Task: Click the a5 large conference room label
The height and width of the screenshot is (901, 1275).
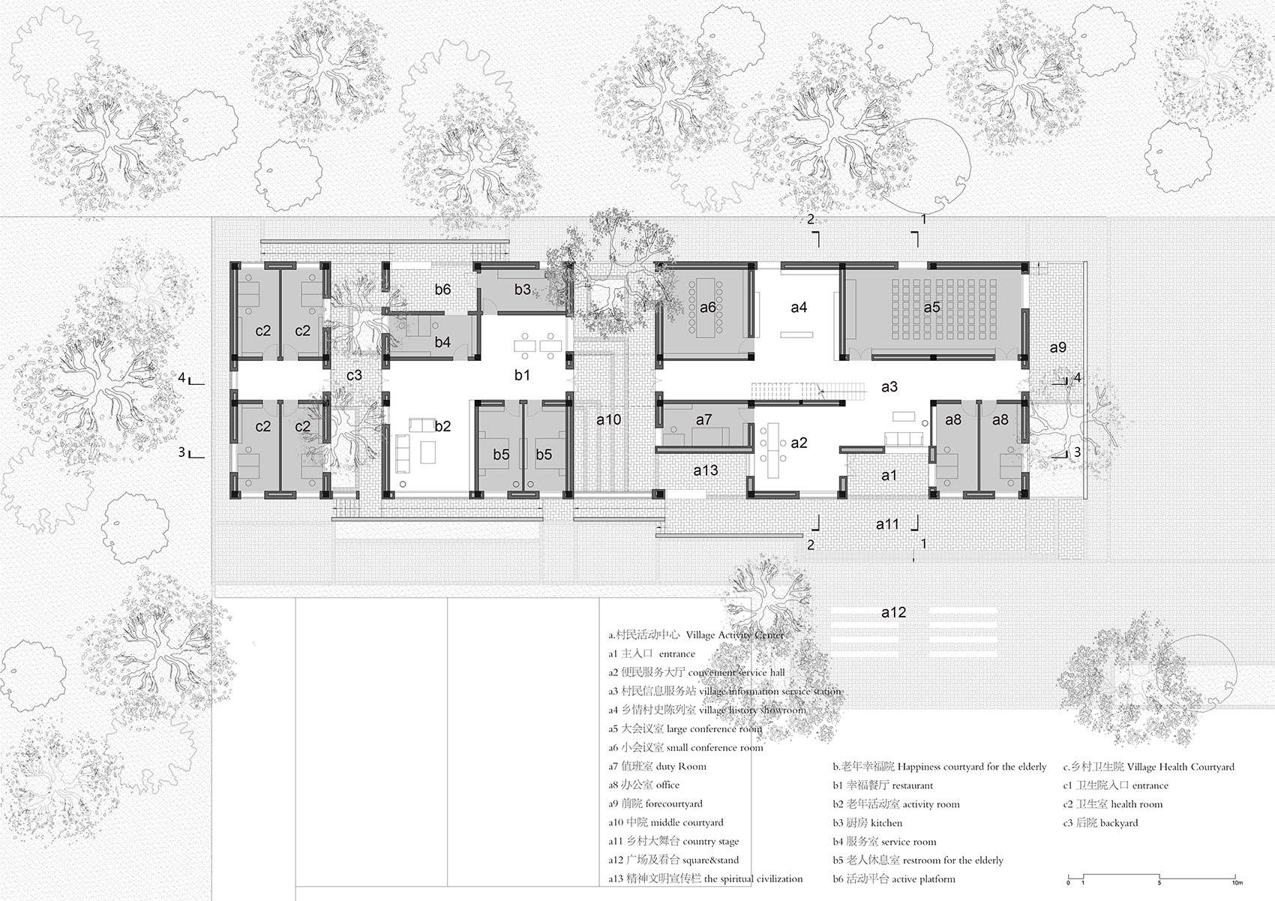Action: pos(931,308)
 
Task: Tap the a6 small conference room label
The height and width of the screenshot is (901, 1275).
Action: pos(707,308)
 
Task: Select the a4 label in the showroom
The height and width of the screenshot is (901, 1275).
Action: pos(799,308)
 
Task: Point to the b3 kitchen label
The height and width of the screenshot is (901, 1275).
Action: pos(523,290)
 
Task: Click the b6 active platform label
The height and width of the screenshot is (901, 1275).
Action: pos(442,290)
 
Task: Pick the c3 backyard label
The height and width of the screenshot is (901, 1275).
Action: pos(354,375)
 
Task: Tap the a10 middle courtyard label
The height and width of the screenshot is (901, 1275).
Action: pos(608,420)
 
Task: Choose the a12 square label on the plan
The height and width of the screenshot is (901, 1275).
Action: pos(893,612)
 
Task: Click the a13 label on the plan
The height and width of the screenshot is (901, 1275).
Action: pos(705,470)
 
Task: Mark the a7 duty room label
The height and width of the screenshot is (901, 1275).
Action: pos(703,420)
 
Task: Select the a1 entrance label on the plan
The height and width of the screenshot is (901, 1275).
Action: pos(889,475)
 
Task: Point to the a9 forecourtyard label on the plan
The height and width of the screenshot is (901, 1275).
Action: pos(1057,347)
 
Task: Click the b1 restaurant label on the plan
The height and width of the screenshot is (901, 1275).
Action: pos(522,375)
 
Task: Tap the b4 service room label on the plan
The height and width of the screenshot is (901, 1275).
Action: pos(442,341)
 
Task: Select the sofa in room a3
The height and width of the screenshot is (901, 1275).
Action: pos(903,438)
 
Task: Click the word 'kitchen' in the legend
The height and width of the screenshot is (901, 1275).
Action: pos(886,823)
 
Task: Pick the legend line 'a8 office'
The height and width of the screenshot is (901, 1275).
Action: pos(643,785)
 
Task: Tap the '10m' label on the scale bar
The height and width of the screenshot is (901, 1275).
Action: pos(1237,883)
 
